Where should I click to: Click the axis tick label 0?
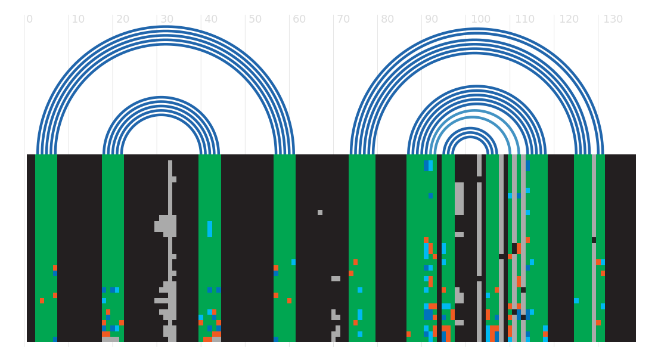click(29, 19)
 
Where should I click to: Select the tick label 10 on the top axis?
click(78, 19)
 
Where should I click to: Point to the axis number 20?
click(123, 19)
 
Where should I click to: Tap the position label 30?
click(167, 19)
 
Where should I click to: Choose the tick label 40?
click(210, 19)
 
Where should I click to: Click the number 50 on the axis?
click(254, 19)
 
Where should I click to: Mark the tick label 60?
click(299, 19)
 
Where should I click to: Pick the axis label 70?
click(343, 19)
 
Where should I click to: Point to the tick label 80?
click(387, 19)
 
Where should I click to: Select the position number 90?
click(432, 19)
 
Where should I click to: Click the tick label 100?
click(480, 19)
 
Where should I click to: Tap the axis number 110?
click(524, 19)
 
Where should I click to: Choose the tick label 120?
click(569, 19)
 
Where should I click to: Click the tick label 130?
click(613, 19)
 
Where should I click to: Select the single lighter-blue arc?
click(474, 111)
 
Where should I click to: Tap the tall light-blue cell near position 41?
click(210, 229)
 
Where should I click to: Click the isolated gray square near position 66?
click(320, 212)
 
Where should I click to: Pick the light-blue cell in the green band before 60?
click(293, 262)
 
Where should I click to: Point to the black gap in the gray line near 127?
click(594, 240)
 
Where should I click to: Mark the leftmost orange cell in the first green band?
click(42, 301)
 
